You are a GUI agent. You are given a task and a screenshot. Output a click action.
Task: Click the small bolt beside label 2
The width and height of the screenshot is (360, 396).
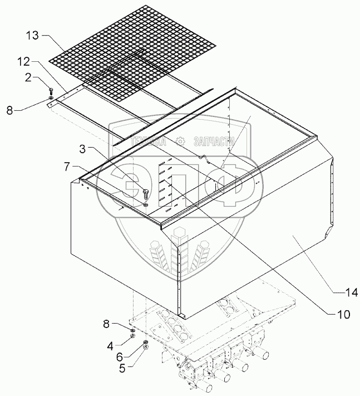click(51, 91)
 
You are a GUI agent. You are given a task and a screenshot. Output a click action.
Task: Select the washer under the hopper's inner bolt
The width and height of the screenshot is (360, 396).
click(146, 204)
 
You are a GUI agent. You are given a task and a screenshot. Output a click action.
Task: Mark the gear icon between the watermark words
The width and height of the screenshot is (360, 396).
click(180, 141)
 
